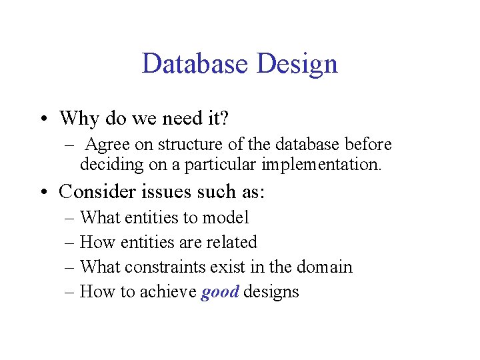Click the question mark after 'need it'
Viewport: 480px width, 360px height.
coord(224,119)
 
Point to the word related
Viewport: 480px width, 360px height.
coord(232,242)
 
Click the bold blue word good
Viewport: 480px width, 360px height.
coord(219,292)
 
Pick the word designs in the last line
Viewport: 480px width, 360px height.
coord(271,292)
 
